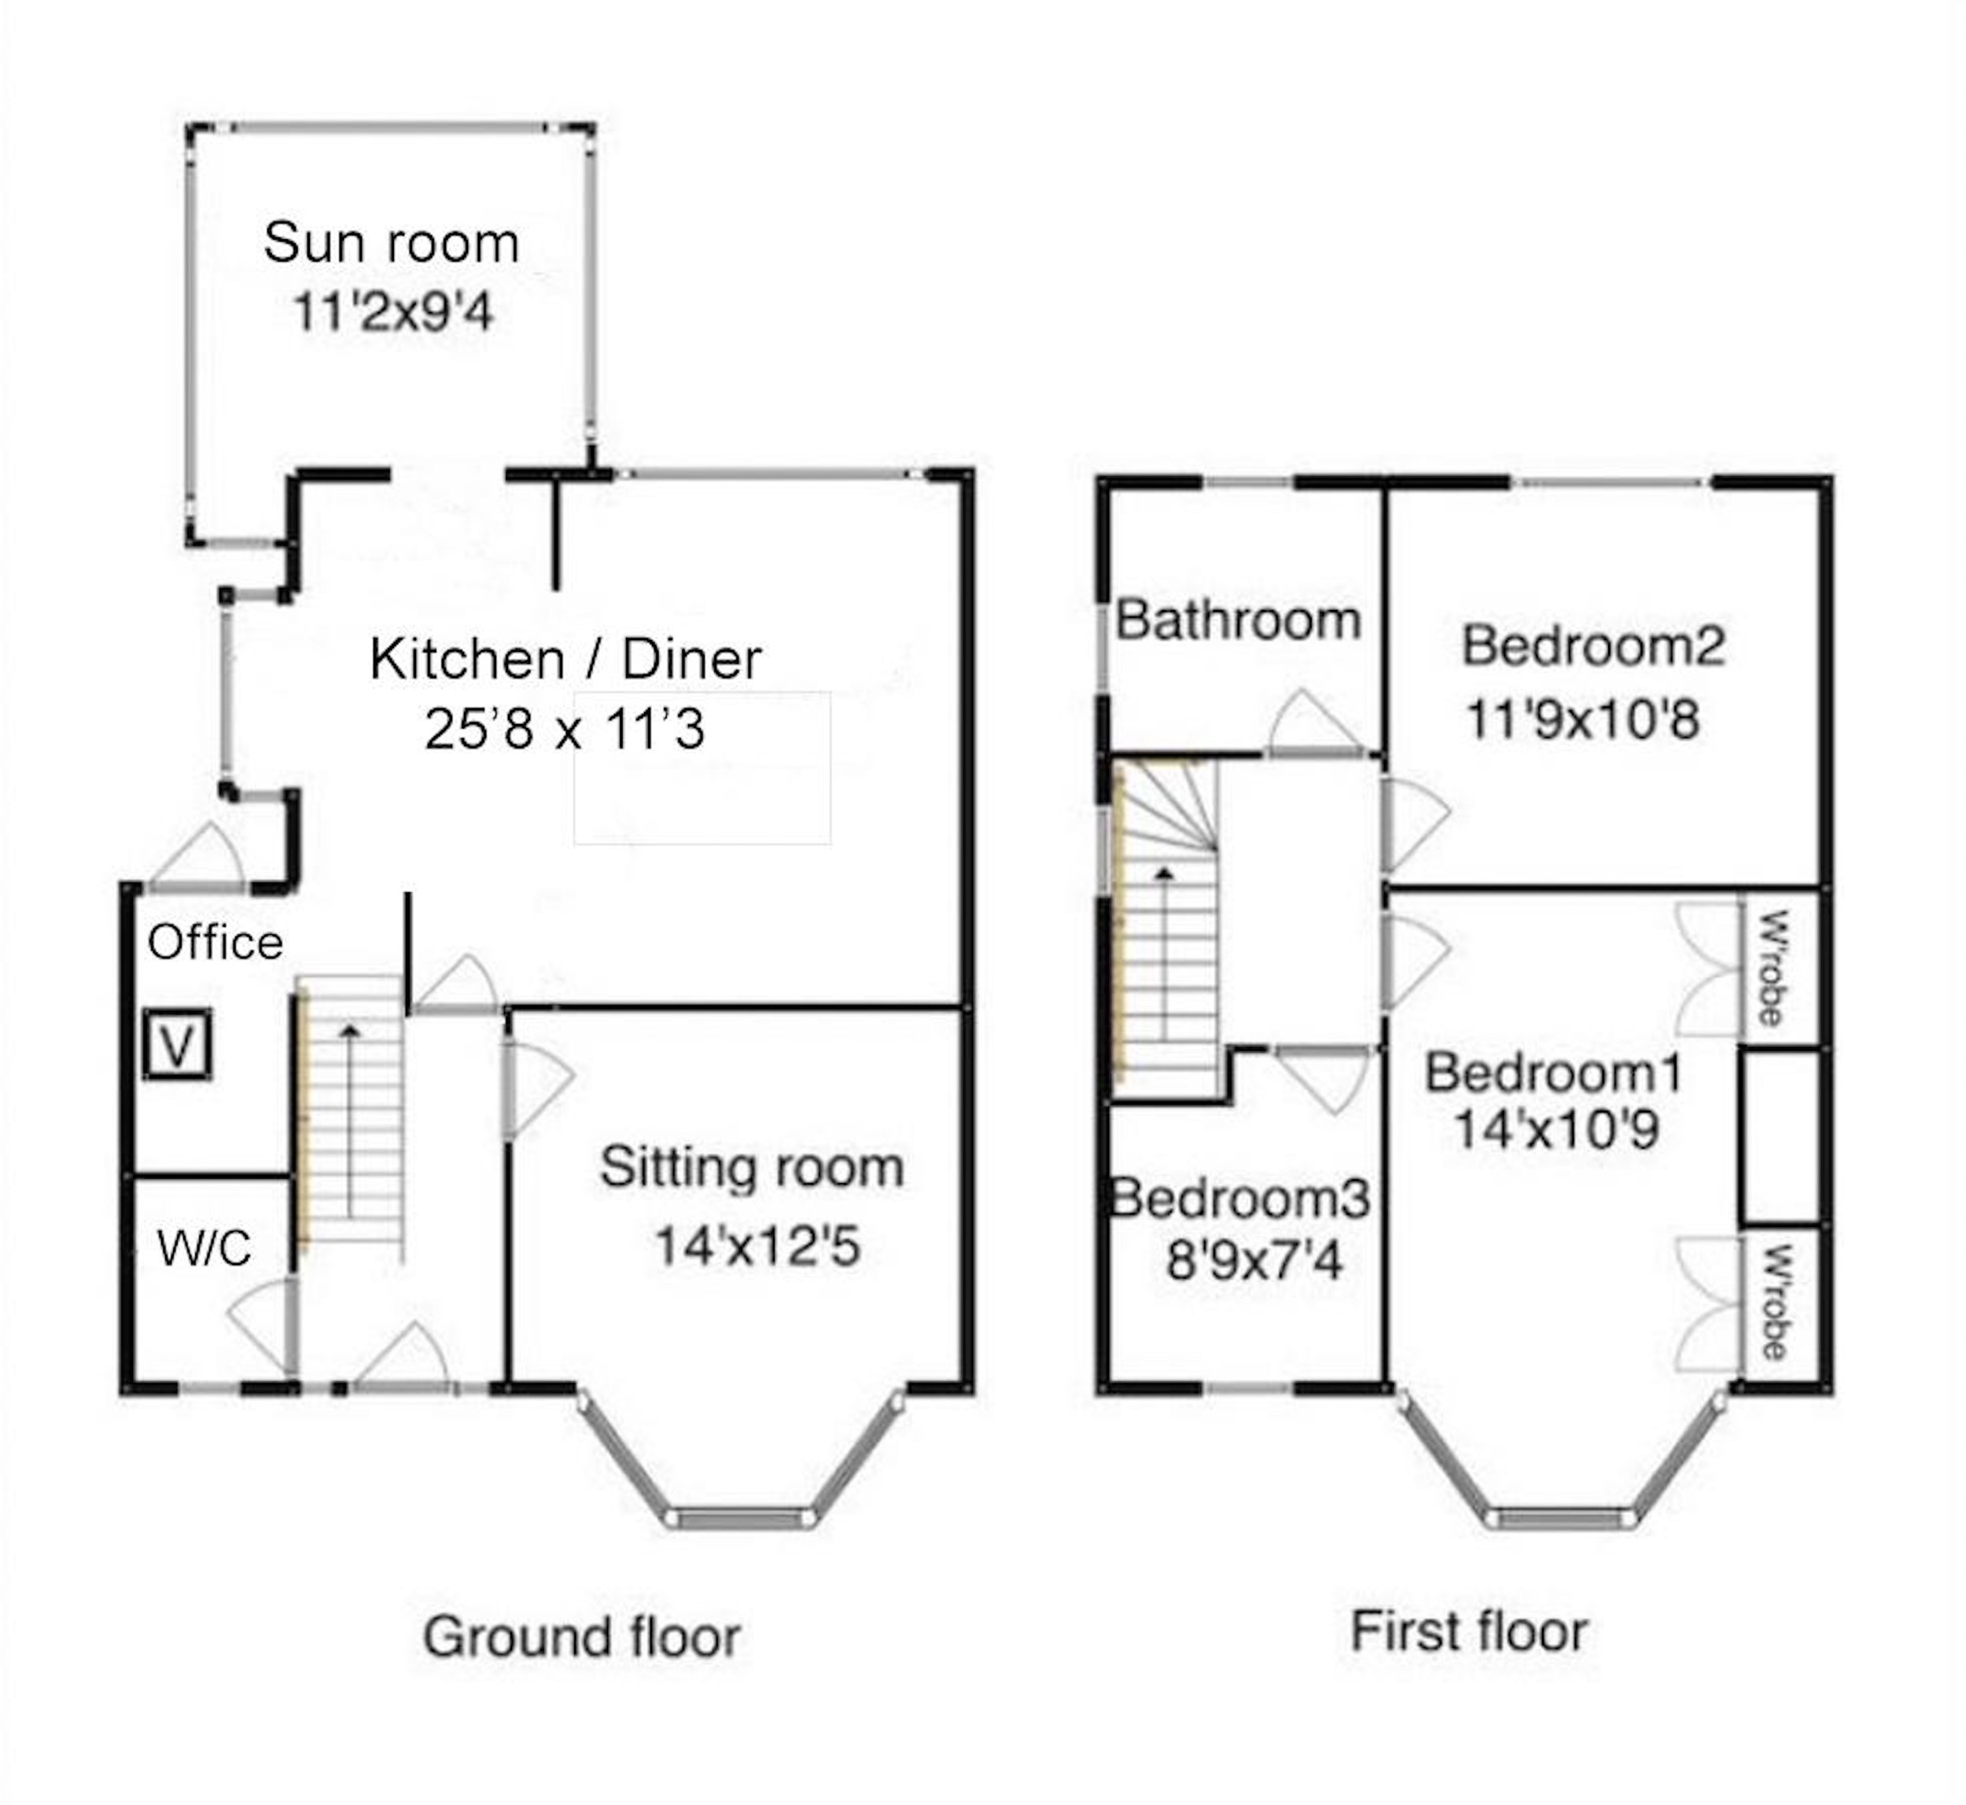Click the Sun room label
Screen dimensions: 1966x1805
[391, 242]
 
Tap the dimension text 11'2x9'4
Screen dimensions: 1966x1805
[393, 313]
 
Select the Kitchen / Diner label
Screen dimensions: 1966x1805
[565, 660]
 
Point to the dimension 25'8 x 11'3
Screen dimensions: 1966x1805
[565, 730]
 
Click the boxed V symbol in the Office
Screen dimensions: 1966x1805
[177, 1045]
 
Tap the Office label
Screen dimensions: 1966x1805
[215, 943]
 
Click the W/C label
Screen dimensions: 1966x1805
[204, 1248]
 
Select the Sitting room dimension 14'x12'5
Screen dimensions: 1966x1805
[757, 1246]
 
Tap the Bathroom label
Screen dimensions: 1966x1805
[1238, 620]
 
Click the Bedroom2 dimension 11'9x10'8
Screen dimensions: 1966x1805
[1583, 720]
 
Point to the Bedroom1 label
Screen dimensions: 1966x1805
[1554, 1072]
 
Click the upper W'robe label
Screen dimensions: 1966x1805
[1773, 968]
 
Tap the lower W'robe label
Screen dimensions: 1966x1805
[1773, 1303]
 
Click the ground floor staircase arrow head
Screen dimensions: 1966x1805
[350, 1030]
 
